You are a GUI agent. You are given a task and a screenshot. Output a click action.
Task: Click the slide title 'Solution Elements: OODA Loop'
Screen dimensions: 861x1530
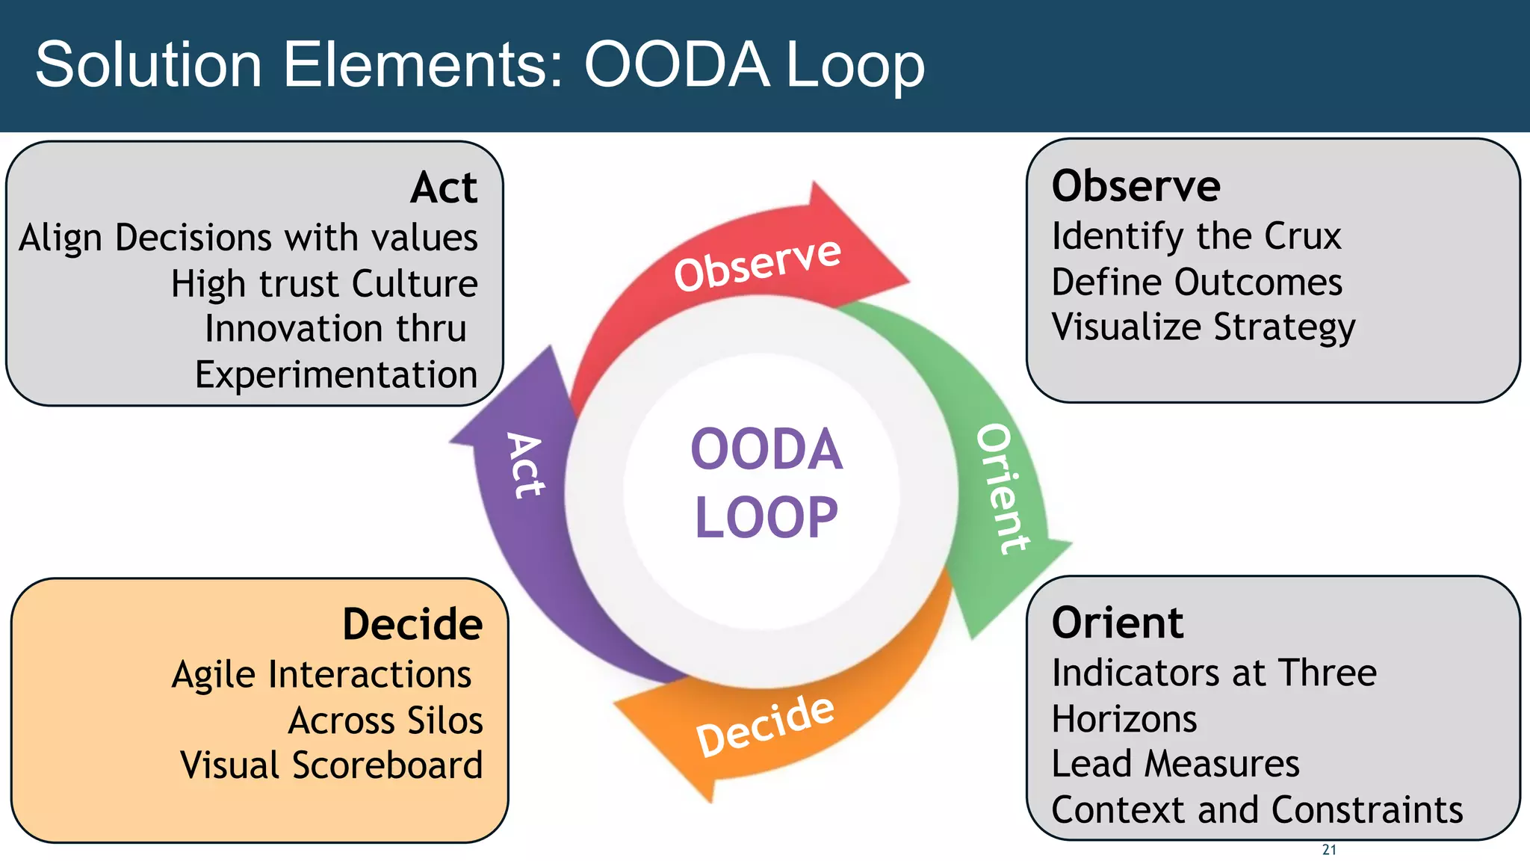(x=480, y=66)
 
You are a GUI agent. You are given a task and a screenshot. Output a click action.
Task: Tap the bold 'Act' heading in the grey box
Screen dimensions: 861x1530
(x=444, y=188)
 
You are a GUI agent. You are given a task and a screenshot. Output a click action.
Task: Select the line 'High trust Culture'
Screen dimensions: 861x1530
(x=324, y=284)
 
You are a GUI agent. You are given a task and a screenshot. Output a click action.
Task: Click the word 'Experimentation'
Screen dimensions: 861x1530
(x=336, y=374)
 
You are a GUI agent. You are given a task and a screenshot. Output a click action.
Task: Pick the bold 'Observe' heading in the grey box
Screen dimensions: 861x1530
(x=1136, y=186)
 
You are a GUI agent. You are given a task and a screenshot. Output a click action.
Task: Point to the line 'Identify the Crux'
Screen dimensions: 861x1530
(x=1196, y=237)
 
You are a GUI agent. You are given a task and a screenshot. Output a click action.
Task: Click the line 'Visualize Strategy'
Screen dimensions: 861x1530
(x=1203, y=327)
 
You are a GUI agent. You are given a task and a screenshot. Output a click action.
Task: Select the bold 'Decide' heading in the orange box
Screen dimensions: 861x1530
(x=412, y=624)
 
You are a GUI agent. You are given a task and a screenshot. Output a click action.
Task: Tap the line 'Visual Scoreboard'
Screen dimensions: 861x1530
(x=332, y=765)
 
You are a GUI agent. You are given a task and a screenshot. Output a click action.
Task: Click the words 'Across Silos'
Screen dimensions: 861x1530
(x=385, y=720)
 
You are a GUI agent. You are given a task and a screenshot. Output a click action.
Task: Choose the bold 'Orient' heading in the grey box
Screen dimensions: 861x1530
(x=1118, y=623)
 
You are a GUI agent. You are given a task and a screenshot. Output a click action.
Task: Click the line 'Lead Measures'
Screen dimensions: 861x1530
(x=1175, y=764)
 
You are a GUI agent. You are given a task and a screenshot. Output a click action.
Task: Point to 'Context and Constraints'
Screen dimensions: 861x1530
(x=1257, y=810)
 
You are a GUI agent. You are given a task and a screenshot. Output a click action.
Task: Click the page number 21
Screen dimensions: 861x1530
(x=1329, y=850)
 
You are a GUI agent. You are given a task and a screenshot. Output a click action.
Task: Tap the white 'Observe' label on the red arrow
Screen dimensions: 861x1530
(x=758, y=264)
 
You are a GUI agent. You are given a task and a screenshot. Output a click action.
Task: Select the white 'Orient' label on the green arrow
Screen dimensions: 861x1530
(x=1003, y=489)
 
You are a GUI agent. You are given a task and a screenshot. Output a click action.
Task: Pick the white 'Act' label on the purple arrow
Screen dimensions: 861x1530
(x=526, y=465)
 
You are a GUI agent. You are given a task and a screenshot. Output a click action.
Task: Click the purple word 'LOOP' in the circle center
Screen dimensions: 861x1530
(x=766, y=517)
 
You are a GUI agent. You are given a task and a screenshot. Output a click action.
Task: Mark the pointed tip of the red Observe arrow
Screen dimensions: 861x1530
(x=907, y=283)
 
